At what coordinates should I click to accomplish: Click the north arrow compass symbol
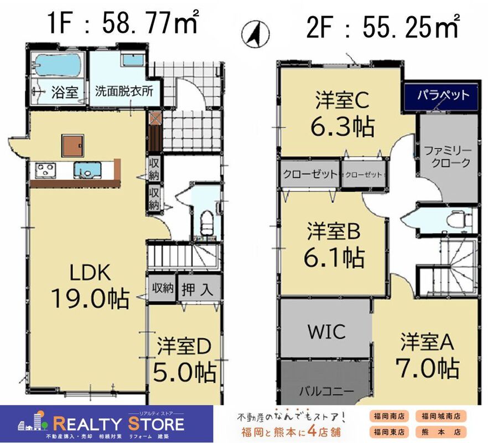coord(256,33)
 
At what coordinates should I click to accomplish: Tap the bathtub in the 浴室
coord(58,65)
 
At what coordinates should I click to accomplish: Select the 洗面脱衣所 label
coord(124,91)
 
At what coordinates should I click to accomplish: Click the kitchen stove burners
coord(45,171)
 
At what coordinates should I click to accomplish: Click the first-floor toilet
coord(206,223)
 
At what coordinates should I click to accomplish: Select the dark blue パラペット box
coord(442,96)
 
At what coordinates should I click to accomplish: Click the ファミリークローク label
coord(448,157)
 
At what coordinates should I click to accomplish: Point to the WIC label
coord(326,331)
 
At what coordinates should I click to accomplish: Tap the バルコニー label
coord(327,390)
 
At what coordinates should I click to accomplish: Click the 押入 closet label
coord(198,290)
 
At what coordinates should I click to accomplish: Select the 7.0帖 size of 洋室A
coord(428,368)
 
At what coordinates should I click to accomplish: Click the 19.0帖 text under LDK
coord(90,298)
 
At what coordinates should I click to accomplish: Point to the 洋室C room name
coord(342,100)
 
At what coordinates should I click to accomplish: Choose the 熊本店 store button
coord(441,432)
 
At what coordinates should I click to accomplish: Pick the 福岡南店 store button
coord(389,416)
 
